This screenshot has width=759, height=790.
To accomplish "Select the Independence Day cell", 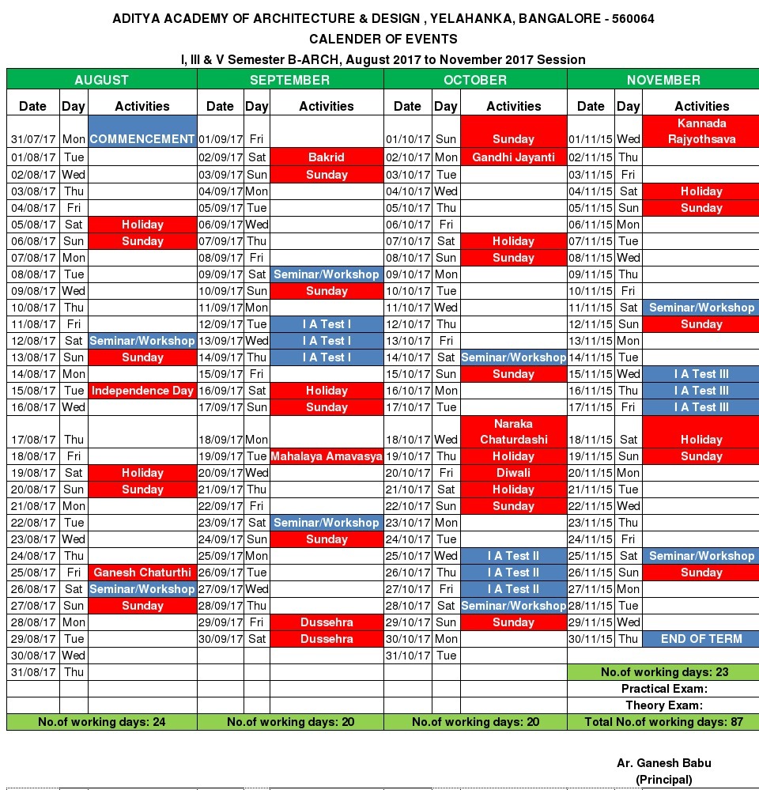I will click(x=142, y=391).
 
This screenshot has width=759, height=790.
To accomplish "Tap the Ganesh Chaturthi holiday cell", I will click(x=142, y=573).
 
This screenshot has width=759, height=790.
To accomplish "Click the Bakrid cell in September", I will click(x=327, y=157).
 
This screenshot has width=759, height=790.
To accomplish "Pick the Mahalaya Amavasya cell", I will click(x=327, y=456).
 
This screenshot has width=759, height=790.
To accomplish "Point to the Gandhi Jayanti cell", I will click(x=513, y=157).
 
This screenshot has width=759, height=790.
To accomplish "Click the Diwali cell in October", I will click(x=513, y=473).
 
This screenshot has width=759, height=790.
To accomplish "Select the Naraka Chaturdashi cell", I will click(x=513, y=432).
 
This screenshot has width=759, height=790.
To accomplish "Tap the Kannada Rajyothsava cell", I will click(x=701, y=131).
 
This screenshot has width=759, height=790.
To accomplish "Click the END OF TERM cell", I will click(x=701, y=639).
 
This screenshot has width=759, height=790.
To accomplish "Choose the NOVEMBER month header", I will click(x=663, y=80).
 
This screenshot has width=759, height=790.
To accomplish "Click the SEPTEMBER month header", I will click(x=289, y=80).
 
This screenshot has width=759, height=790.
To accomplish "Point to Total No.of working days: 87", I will click(x=663, y=722).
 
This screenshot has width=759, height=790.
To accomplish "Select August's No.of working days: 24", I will click(x=102, y=722).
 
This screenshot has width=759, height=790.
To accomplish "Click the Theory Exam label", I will click(x=664, y=705).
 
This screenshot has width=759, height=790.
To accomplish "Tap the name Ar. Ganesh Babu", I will click(x=664, y=763).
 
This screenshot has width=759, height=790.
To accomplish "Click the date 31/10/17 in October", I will click(x=407, y=656).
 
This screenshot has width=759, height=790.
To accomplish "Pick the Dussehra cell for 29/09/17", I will click(x=327, y=622).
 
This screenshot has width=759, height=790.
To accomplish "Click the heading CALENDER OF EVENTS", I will click(x=383, y=39).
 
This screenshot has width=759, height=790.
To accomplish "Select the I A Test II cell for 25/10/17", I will click(x=513, y=556).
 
